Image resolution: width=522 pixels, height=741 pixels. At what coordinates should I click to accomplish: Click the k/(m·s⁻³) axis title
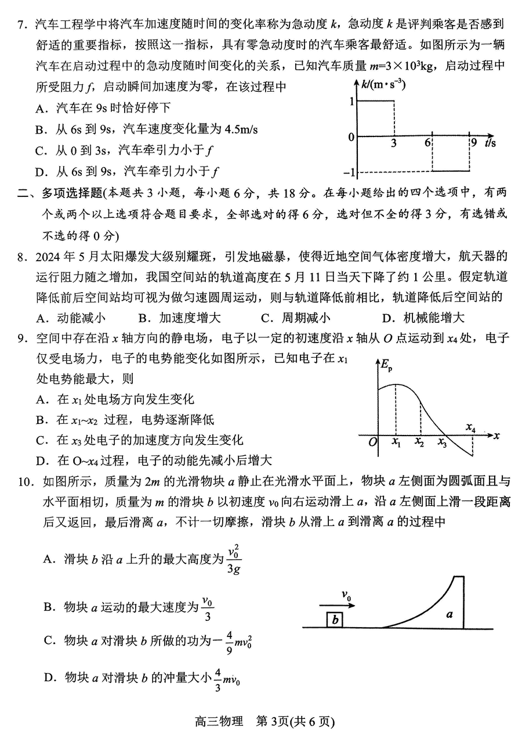point(383,85)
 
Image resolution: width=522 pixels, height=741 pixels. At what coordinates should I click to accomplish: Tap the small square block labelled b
point(335,620)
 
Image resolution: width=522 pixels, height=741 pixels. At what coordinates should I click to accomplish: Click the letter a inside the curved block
point(449,613)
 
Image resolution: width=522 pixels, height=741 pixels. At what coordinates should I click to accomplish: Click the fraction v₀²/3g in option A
point(234,559)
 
